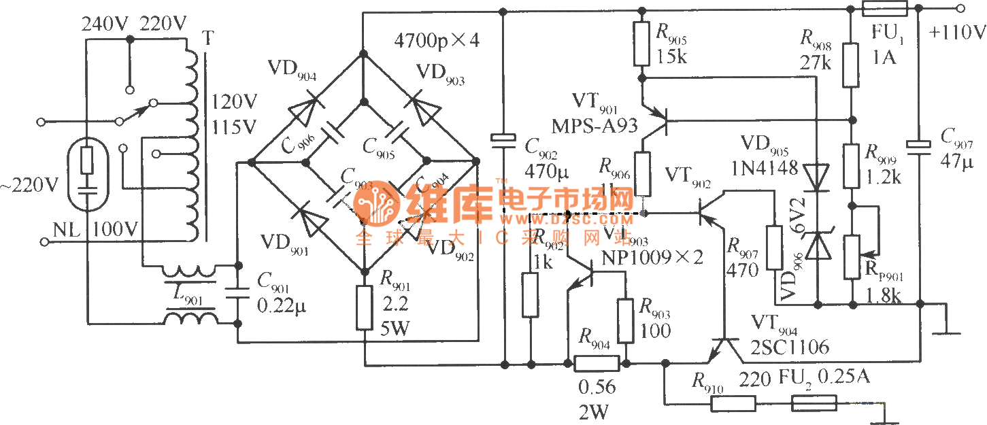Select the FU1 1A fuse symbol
[x=884, y=9]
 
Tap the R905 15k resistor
[x=641, y=44]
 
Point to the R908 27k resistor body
[x=850, y=65]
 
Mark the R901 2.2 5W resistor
[x=365, y=308]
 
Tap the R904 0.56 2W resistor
[x=597, y=364]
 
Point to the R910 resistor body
[x=733, y=404]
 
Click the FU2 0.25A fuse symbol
[x=814, y=404]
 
